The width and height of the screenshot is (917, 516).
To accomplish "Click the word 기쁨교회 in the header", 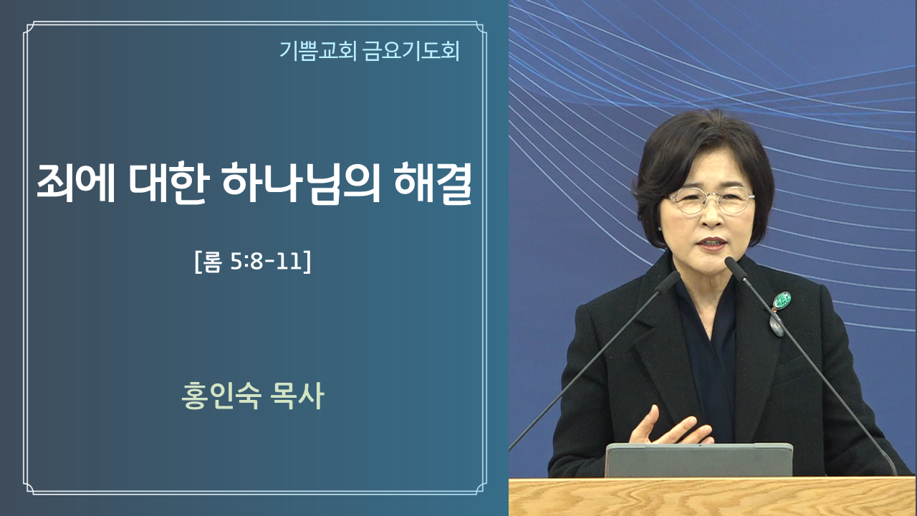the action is pyautogui.click(x=317, y=52).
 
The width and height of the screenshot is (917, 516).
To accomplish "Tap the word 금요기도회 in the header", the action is pyautogui.click(x=411, y=52).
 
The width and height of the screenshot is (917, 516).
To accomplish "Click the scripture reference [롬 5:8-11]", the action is pyautogui.click(x=253, y=261).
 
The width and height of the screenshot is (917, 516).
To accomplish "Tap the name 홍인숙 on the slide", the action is pyautogui.click(x=221, y=396).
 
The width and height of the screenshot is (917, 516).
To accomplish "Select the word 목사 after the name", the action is pyautogui.click(x=297, y=396).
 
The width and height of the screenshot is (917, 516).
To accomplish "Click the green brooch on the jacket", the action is pyautogui.click(x=781, y=301).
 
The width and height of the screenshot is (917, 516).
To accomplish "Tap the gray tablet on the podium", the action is pyautogui.click(x=698, y=460).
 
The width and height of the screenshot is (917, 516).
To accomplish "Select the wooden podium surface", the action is pyautogui.click(x=712, y=497).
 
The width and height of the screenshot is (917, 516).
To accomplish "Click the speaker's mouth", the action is pyautogui.click(x=712, y=244).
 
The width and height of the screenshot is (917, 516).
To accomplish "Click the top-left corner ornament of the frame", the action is pyautogui.click(x=29, y=28).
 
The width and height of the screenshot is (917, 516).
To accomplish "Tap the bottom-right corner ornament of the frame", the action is pyautogui.click(x=481, y=488).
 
